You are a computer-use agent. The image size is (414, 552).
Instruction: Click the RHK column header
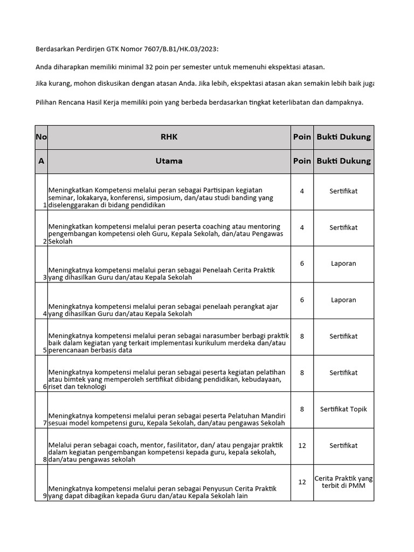click(169, 137)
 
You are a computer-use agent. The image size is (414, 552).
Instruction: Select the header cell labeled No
click(41, 137)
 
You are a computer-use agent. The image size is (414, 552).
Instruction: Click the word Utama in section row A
click(169, 161)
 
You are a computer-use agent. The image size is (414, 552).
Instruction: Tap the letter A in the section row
click(41, 161)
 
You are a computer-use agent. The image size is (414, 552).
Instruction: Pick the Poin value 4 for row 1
click(302, 191)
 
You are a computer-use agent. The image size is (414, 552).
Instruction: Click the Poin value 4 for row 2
click(302, 227)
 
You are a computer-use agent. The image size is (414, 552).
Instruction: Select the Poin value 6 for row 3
click(302, 264)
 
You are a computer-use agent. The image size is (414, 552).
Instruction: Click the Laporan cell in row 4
click(343, 300)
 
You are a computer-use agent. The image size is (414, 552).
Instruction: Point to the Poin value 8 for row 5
click(302, 336)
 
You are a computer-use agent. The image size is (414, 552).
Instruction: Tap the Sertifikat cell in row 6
click(343, 372)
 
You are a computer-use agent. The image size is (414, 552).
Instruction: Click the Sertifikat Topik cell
click(343, 409)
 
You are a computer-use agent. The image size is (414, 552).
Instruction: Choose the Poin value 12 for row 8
click(302, 445)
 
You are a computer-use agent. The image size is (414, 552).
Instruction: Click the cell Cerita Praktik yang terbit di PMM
click(343, 482)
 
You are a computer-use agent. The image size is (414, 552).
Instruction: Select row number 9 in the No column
click(45, 496)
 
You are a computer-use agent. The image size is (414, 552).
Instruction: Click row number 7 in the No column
click(45, 423)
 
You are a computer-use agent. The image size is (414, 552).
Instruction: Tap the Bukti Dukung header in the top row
click(343, 137)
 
